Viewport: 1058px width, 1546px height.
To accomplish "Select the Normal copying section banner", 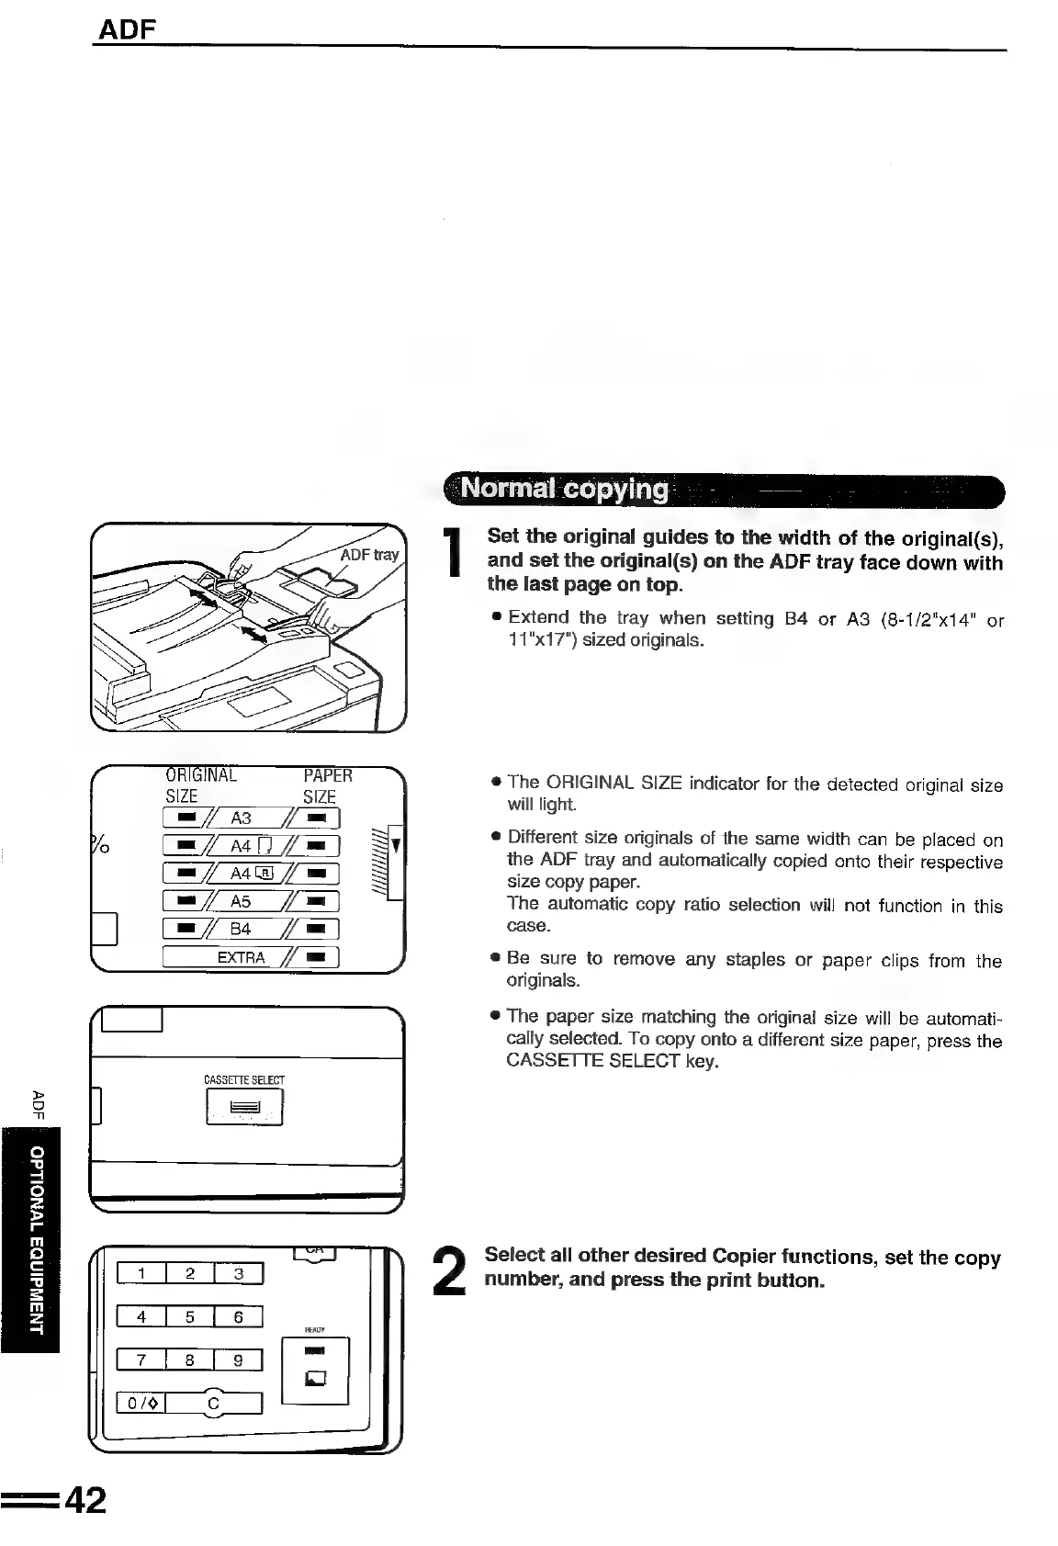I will click(723, 489).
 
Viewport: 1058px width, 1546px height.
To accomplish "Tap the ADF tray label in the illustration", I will click(369, 555).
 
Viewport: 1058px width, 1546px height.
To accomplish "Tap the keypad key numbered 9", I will click(238, 1360).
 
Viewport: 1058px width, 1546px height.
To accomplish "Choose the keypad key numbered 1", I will click(141, 1273).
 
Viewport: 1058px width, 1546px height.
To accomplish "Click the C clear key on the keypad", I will click(213, 1404).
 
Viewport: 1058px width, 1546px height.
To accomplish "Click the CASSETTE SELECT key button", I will click(244, 1107).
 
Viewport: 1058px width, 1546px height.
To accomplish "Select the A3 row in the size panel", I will click(251, 818).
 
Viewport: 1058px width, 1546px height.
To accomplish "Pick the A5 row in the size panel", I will click(251, 901).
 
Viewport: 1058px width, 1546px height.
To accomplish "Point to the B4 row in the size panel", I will click(251, 929).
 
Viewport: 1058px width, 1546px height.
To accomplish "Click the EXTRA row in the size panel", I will click(251, 957).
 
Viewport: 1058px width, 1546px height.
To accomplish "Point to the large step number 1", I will click(451, 555).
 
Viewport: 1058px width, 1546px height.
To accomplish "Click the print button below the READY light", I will click(316, 1378).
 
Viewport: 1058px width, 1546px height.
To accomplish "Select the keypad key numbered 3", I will click(238, 1273).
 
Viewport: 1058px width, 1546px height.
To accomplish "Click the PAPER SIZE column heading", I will click(326, 786).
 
